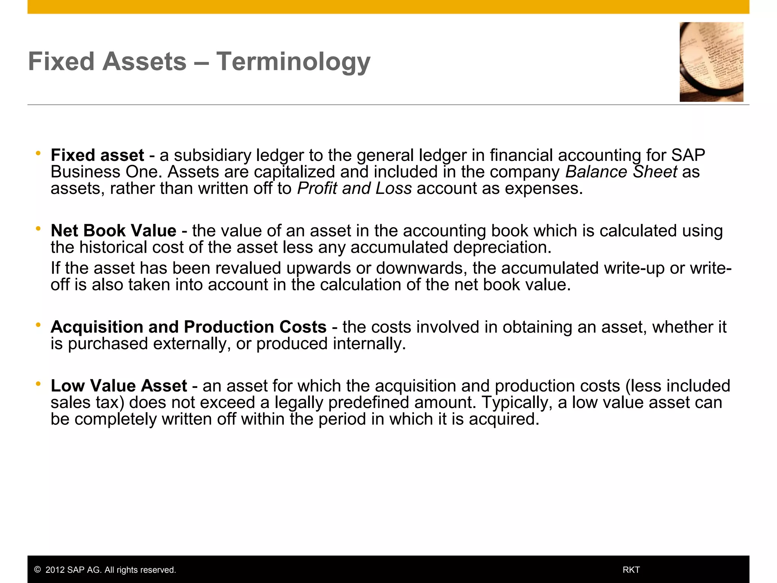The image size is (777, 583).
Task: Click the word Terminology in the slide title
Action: (293, 61)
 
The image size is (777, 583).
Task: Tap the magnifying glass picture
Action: (711, 62)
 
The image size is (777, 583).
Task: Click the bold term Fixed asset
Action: (97, 155)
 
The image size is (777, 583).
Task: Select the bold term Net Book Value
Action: (113, 231)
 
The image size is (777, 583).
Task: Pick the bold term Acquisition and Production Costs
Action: (189, 327)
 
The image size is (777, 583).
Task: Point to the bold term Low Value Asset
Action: (119, 386)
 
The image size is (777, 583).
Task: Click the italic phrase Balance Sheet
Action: (621, 172)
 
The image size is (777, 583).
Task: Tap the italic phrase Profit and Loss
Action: (354, 189)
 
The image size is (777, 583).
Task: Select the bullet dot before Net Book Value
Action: (38, 229)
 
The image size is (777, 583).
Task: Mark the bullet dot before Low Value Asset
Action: (38, 384)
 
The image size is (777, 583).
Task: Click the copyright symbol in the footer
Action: (37, 570)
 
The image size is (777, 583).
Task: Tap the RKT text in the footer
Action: (631, 570)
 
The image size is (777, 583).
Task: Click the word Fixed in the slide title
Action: (61, 61)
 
